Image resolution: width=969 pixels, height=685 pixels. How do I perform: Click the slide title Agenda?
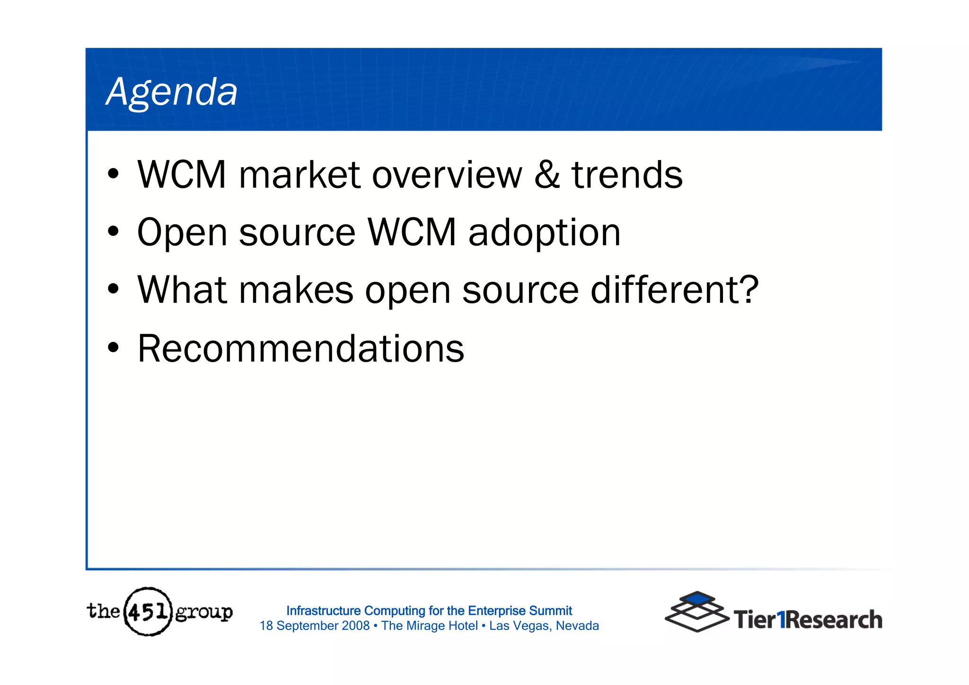pos(172,92)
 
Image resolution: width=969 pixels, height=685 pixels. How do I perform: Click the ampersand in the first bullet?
pos(547,175)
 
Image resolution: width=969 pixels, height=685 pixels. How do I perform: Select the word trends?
pos(627,175)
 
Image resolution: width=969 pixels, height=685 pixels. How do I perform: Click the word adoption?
pos(544,233)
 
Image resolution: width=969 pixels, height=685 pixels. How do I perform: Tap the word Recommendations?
pos(301,349)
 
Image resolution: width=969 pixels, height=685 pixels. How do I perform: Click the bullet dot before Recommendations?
pos(113,348)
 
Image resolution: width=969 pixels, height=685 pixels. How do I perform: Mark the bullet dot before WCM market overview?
pos(113,174)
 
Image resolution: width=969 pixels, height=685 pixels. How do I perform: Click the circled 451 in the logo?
pos(148,612)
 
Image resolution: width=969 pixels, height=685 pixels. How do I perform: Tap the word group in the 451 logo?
pos(204,613)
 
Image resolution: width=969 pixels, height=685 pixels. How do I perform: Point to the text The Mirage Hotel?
pos(429,626)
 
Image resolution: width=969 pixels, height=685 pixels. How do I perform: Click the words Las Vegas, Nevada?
pos(544,626)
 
